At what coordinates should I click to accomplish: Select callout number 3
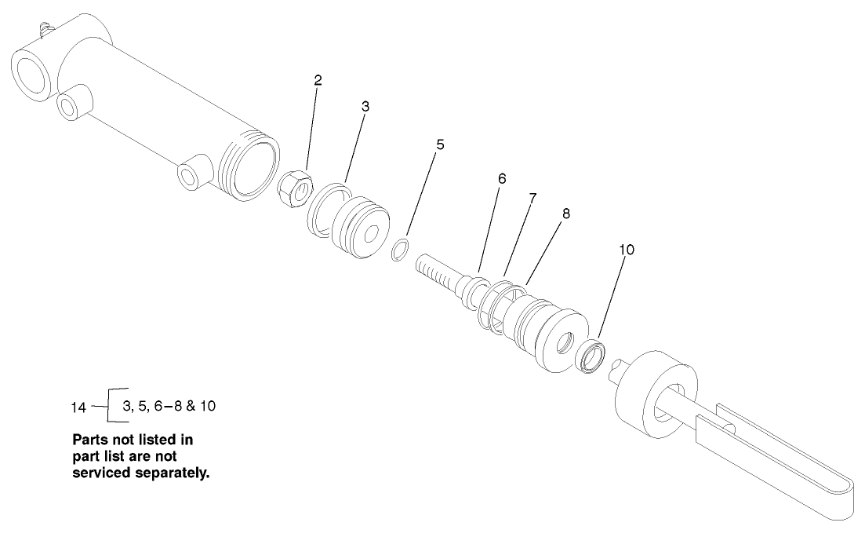tap(365, 107)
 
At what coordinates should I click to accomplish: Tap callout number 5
tap(440, 144)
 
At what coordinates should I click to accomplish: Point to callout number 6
tap(502, 179)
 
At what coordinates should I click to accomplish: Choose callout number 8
tap(565, 213)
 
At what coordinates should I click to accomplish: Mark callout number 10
tap(626, 250)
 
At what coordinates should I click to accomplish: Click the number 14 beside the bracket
tap(79, 407)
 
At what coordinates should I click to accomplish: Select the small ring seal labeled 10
tap(590, 355)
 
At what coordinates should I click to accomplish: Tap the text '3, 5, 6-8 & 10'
tap(168, 406)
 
